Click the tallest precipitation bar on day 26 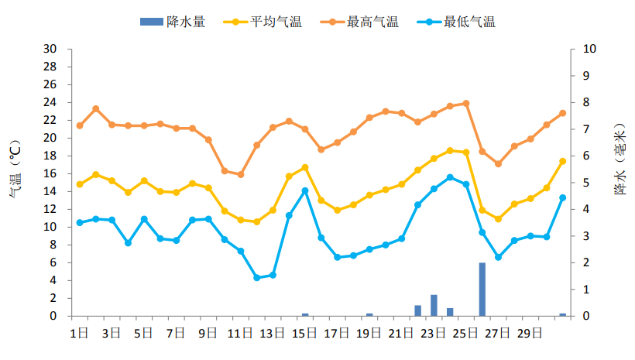tap(482, 290)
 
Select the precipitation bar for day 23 tap(434, 305)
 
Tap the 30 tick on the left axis tap(50, 49)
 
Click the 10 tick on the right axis tap(588, 49)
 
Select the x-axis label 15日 tap(305, 333)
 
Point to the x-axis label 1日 tap(80, 333)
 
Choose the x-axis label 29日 tap(530, 333)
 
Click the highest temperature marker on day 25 tap(465, 103)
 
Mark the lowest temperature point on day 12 tap(256, 277)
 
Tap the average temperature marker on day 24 tap(450, 150)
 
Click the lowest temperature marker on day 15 tap(305, 190)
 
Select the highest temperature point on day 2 tap(96, 108)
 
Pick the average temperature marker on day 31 tap(562, 161)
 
